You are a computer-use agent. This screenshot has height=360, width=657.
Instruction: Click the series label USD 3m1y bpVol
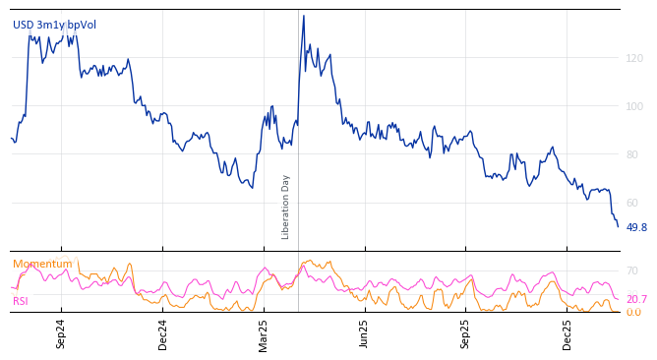tap(54, 25)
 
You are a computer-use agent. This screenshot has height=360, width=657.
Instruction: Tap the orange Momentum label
tap(42, 264)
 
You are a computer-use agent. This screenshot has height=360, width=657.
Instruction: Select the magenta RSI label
tap(21, 301)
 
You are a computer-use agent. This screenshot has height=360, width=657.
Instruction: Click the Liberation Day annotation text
tap(286, 207)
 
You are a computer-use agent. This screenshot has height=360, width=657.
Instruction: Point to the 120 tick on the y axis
tap(634, 59)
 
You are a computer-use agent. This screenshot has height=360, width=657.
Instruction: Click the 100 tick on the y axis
tap(634, 106)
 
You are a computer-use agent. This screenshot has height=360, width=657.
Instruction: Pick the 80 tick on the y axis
tap(634, 154)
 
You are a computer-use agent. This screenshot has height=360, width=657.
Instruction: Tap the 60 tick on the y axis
tap(634, 203)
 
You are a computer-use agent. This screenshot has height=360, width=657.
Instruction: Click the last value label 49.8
tap(636, 227)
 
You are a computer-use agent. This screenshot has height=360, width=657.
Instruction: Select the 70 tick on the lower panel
tap(632, 270)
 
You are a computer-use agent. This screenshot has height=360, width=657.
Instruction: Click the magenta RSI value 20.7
tap(636, 299)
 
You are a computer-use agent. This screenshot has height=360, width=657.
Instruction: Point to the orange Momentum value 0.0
tap(633, 313)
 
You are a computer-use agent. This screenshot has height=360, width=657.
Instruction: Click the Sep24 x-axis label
tap(61, 333)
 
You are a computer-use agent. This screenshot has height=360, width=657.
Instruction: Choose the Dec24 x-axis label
tap(163, 333)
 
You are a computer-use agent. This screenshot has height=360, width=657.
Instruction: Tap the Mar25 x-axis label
tap(264, 333)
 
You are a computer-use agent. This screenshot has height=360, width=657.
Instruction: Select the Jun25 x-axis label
tap(365, 333)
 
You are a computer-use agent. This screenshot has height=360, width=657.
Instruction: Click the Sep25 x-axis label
tap(466, 333)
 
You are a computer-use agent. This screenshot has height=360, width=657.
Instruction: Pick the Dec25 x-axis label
tap(567, 333)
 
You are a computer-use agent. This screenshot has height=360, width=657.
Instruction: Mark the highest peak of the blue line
tap(303, 16)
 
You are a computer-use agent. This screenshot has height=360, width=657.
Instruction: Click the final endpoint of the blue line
tap(618, 226)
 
